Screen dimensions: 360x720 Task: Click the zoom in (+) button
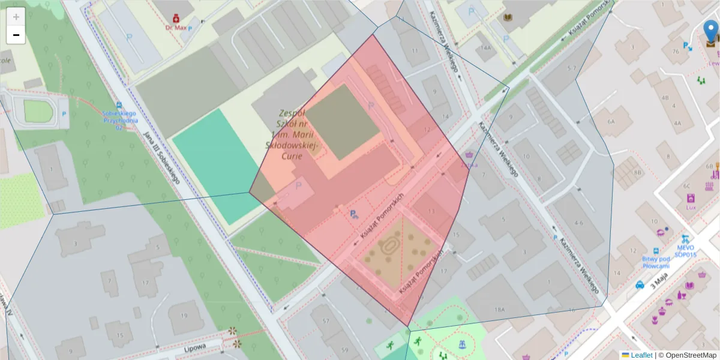pyautogui.click(x=16, y=17)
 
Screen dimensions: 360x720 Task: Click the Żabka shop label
pyautogui.click(x=469, y=165)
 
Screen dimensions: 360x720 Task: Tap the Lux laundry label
pyautogui.click(x=690, y=208)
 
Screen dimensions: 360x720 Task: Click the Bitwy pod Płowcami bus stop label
pyautogui.click(x=655, y=262)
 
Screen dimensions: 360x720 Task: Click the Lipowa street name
pyautogui.click(x=194, y=347)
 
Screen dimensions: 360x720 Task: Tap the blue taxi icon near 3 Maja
pyautogui.click(x=640, y=285)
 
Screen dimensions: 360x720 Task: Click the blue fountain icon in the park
pyautogui.click(x=462, y=344)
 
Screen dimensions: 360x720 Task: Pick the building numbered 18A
pyautogui.click(x=499, y=310)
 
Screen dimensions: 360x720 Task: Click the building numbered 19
pyautogui.click(x=184, y=316)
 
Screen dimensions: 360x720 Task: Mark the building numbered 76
pyautogui.click(x=676, y=51)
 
